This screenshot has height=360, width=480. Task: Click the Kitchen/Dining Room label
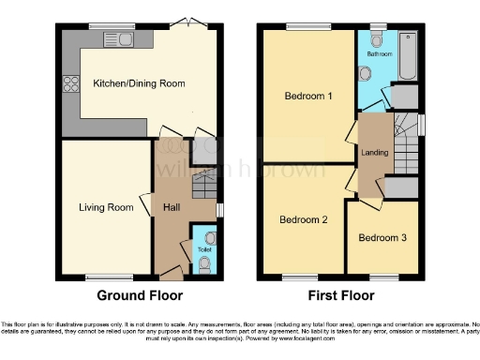coord(139,83)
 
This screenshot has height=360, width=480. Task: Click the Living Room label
coord(106,207)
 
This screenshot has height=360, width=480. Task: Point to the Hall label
coord(172,207)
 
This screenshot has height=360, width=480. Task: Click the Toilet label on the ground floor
coord(203,250)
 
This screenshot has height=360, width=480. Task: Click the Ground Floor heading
coord(139,294)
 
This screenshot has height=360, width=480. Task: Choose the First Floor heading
coord(339,294)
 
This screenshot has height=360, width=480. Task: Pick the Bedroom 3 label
coord(382,237)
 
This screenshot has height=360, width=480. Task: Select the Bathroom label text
coord(379,54)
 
